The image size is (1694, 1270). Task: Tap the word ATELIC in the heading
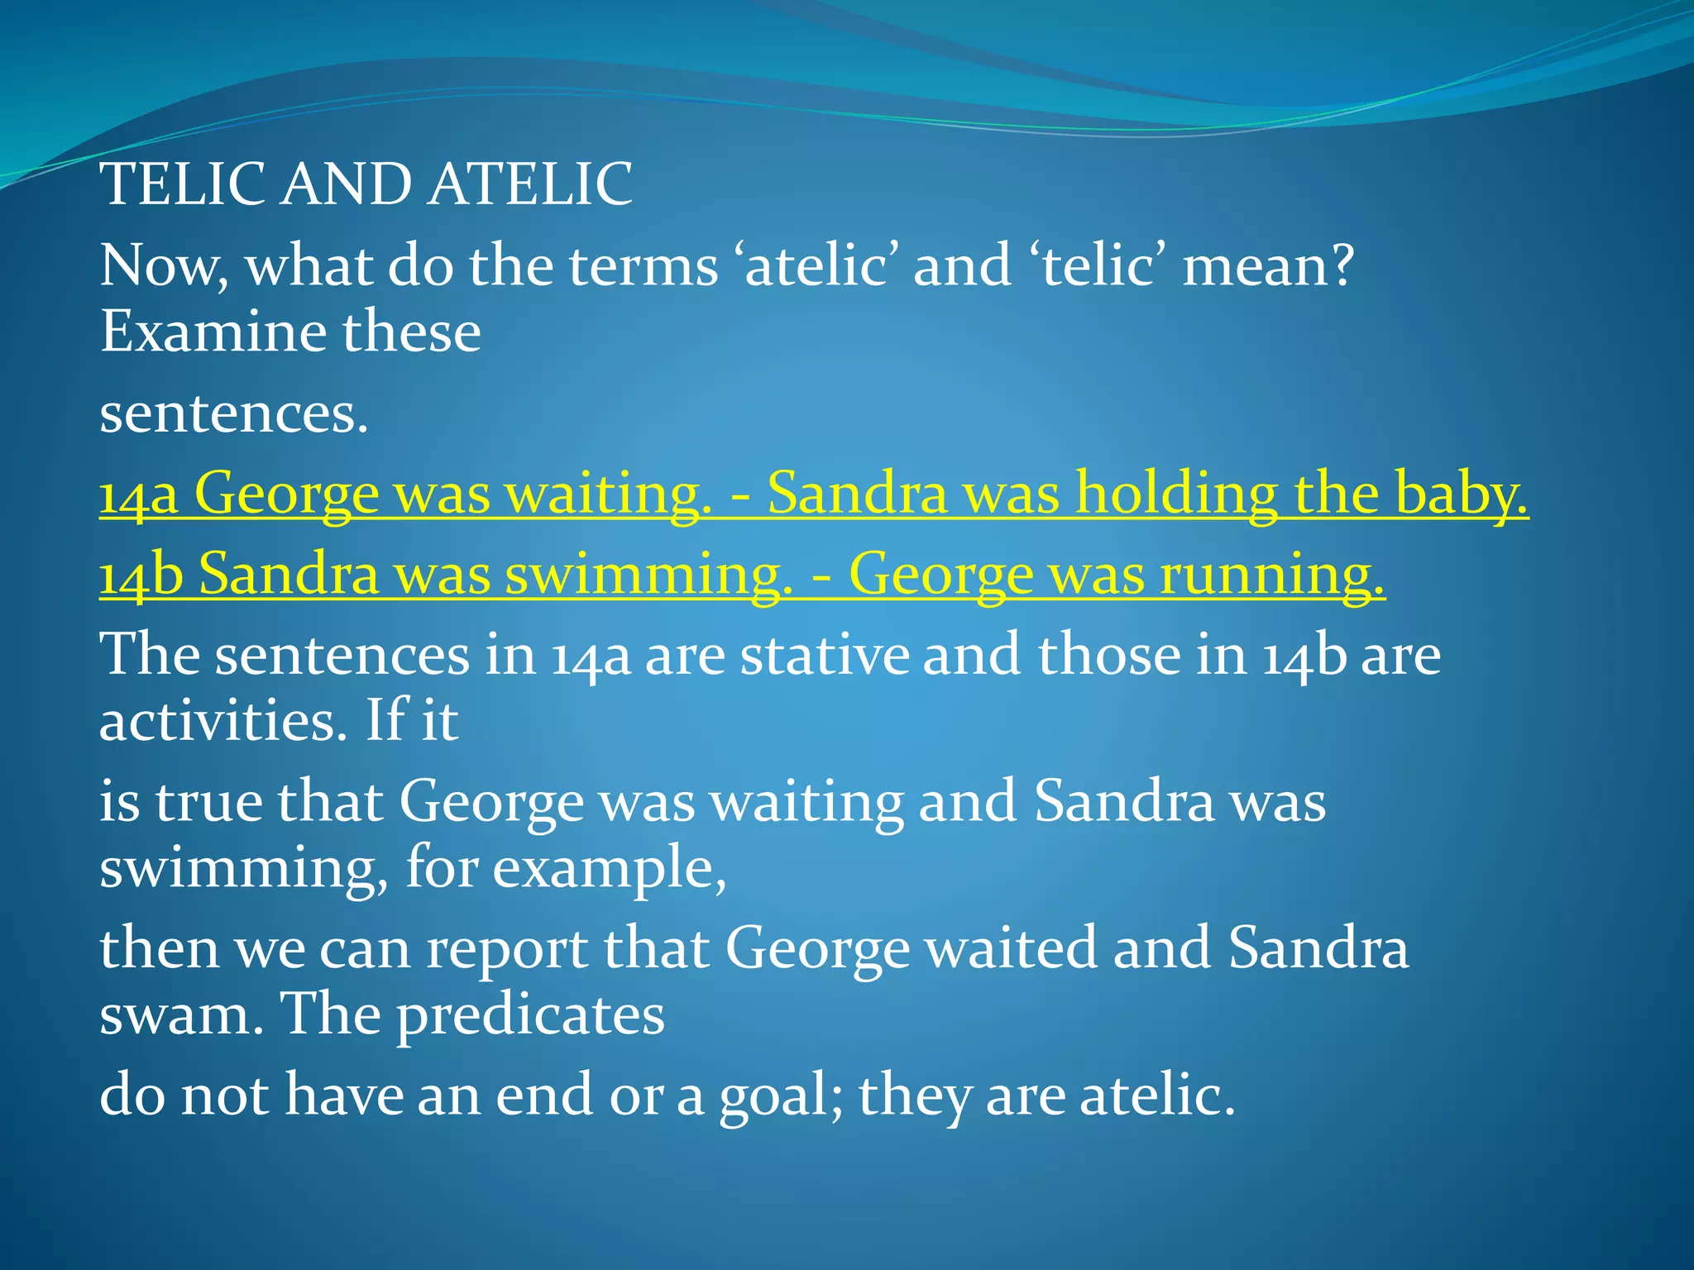click(531, 184)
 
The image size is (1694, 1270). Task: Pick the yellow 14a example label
click(138, 494)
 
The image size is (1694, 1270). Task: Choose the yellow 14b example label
click(140, 575)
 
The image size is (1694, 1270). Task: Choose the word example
click(609, 868)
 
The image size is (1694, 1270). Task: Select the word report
click(507, 948)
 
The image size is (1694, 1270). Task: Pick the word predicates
click(530, 1015)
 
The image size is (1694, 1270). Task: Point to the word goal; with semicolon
click(782, 1095)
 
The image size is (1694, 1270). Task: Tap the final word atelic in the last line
click(1157, 1095)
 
